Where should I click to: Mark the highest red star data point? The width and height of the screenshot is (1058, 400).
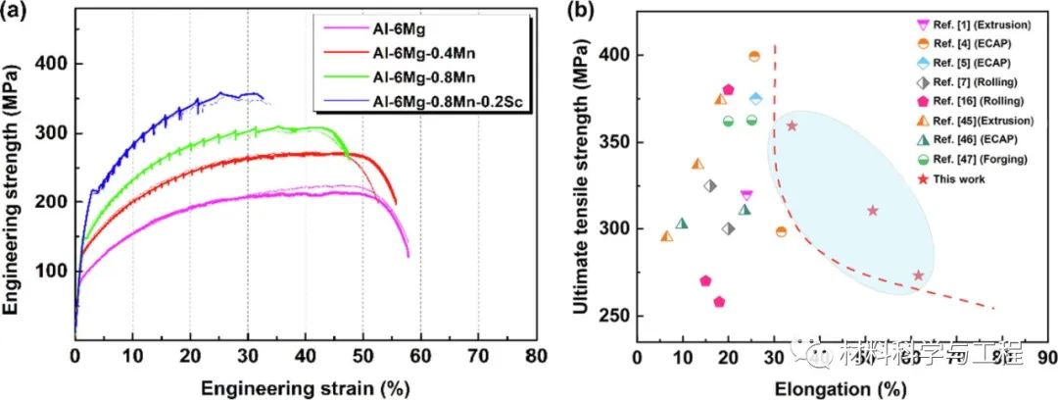[x=792, y=125]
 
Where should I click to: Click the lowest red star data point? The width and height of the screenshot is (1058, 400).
[x=918, y=275]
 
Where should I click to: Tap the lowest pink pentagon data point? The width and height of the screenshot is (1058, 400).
[x=719, y=302]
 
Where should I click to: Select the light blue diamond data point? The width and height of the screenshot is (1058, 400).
[x=755, y=98]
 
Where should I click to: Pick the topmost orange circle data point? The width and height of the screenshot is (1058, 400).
[x=754, y=56]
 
